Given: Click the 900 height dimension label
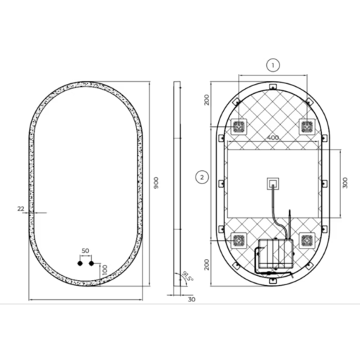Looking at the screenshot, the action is pos(156,183).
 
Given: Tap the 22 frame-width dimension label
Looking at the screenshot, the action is pos(20,208).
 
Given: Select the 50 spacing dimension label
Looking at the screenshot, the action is pos(85,251).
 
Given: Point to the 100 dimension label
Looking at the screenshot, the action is pos(104,270).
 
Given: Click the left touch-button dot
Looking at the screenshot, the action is pos(80,263).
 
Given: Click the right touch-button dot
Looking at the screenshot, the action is pos(91,263).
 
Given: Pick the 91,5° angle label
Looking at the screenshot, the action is pos(188,276).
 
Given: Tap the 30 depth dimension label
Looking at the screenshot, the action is pos(192,299).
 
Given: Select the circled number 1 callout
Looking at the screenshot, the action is pos(273,65).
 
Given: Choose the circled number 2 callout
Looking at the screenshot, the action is pos(202,177).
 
